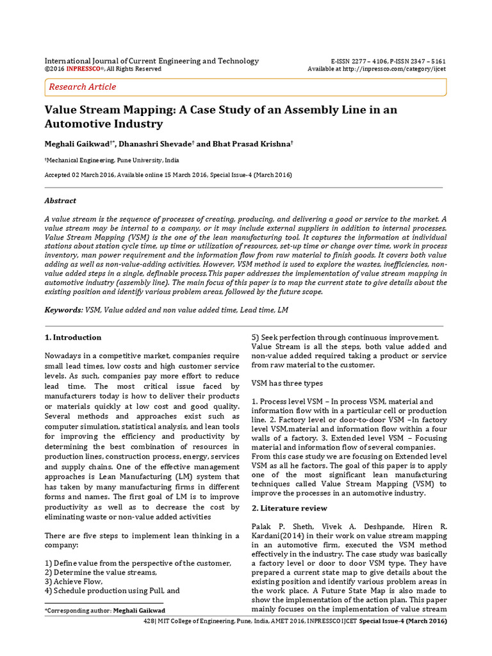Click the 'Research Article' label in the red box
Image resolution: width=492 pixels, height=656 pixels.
[83, 86]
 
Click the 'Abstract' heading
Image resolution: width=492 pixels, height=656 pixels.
[60, 201]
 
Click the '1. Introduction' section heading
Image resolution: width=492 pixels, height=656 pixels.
[73, 338]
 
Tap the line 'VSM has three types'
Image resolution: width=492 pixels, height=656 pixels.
[288, 382]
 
